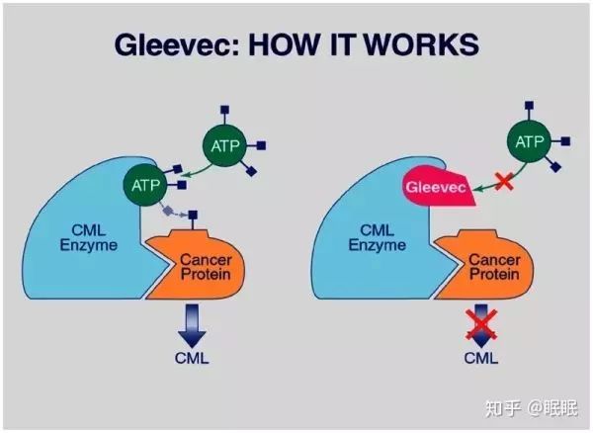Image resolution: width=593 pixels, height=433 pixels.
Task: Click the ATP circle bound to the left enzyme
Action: (x=145, y=184)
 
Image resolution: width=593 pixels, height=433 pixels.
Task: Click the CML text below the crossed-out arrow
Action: (x=480, y=357)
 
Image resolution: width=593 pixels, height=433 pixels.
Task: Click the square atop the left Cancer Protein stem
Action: (x=193, y=214)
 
